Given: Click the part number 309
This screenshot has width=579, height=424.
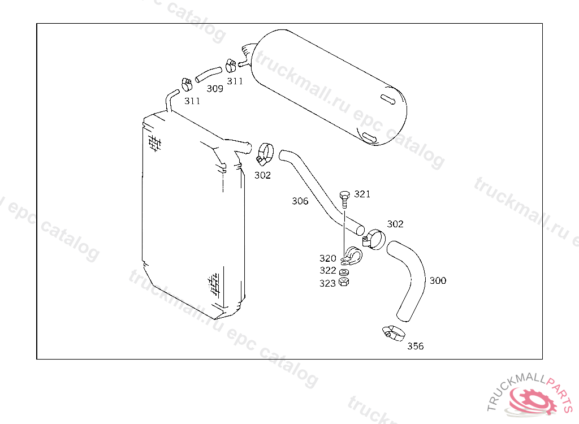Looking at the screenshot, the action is [x=215, y=89].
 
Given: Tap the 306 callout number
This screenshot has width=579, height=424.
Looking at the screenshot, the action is [x=300, y=201].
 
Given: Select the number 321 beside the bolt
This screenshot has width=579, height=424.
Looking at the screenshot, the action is [x=362, y=194].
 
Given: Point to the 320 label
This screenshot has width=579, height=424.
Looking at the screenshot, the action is [x=327, y=258].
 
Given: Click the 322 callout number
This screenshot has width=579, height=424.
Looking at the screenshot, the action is [x=327, y=270].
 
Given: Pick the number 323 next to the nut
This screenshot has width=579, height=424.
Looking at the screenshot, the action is [x=327, y=283].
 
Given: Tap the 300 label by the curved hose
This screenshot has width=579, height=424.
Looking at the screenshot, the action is [x=438, y=281].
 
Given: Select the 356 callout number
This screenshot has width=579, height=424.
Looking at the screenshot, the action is [x=416, y=346].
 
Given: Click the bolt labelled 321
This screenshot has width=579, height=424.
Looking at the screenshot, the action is [x=344, y=200].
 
